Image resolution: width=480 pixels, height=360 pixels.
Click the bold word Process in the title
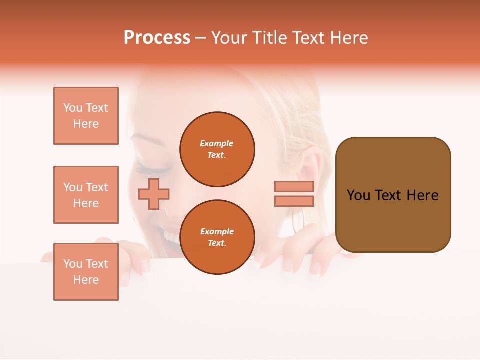(x=157, y=38)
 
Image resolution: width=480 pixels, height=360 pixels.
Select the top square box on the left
(x=86, y=116)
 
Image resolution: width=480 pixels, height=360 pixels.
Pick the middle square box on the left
(x=86, y=195)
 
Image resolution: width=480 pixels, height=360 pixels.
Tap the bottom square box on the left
(x=86, y=272)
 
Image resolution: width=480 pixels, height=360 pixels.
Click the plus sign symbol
(x=153, y=194)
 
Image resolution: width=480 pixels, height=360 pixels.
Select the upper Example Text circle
(x=217, y=149)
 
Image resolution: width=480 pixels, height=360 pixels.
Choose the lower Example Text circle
(x=217, y=237)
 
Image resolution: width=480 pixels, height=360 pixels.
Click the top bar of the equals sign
(x=294, y=186)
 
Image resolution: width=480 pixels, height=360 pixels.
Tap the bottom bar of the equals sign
(x=294, y=201)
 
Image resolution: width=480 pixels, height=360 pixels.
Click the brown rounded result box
(x=393, y=195)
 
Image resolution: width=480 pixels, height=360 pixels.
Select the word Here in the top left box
(x=86, y=124)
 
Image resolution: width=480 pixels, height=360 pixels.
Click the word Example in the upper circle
(x=217, y=143)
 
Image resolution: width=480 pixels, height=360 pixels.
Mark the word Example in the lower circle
(x=217, y=231)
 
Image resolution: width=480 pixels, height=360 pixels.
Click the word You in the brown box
(x=358, y=195)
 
